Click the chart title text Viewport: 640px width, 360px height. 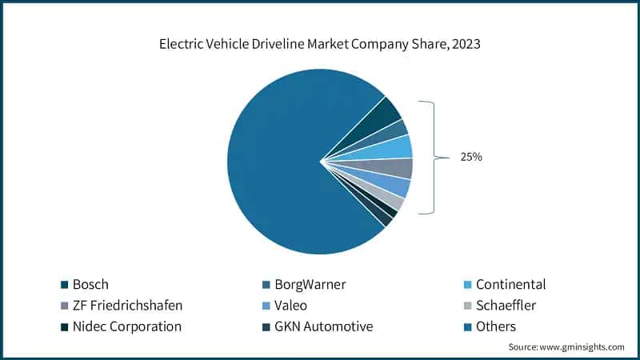(320, 45)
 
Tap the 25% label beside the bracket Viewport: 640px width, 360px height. (470, 157)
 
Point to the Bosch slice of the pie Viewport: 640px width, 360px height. (380, 117)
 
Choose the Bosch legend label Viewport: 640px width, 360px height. (90, 284)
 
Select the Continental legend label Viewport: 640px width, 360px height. (510, 284)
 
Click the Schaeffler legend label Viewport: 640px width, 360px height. (506, 305)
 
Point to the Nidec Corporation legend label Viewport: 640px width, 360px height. (126, 326)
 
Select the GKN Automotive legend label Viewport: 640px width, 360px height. (318, 326)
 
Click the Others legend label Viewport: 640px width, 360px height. (496, 326)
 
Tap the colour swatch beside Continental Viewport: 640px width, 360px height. (467, 284)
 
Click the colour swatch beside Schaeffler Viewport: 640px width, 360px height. (467, 305)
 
